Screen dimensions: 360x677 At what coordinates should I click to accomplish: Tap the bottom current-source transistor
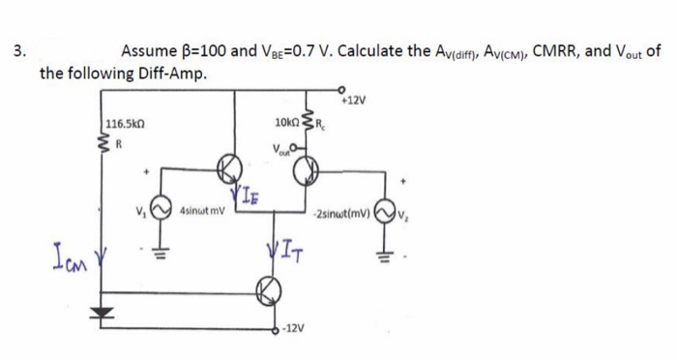(x=269, y=287)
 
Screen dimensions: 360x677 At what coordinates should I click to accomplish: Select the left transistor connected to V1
(x=231, y=168)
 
